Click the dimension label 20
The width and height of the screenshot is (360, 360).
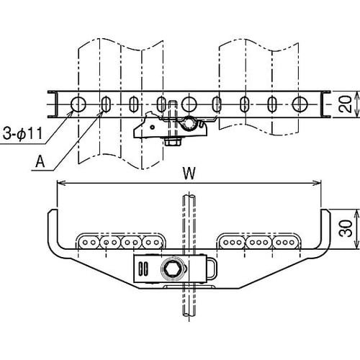[345, 104]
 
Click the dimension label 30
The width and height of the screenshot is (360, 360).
[346, 229]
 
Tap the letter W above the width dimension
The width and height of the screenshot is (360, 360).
[189, 174]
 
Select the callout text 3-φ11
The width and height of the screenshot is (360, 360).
[22, 133]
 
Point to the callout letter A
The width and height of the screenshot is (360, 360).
[40, 161]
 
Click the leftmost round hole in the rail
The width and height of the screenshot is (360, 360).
[78, 104]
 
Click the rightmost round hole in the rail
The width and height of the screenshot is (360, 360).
[300, 104]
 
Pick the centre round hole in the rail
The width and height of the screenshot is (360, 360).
[189, 104]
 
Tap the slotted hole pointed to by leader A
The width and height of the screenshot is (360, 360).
[106, 104]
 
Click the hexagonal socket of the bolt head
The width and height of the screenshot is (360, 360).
[171, 269]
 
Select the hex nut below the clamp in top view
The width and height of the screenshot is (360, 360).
[173, 143]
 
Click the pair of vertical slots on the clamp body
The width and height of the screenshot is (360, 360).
[143, 269]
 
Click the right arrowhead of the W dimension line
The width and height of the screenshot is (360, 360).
[317, 184]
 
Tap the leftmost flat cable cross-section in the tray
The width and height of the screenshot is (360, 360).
[89, 243]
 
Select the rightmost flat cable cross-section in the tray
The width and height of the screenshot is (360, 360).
[285, 243]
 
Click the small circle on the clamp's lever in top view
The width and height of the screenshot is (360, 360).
[152, 127]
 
